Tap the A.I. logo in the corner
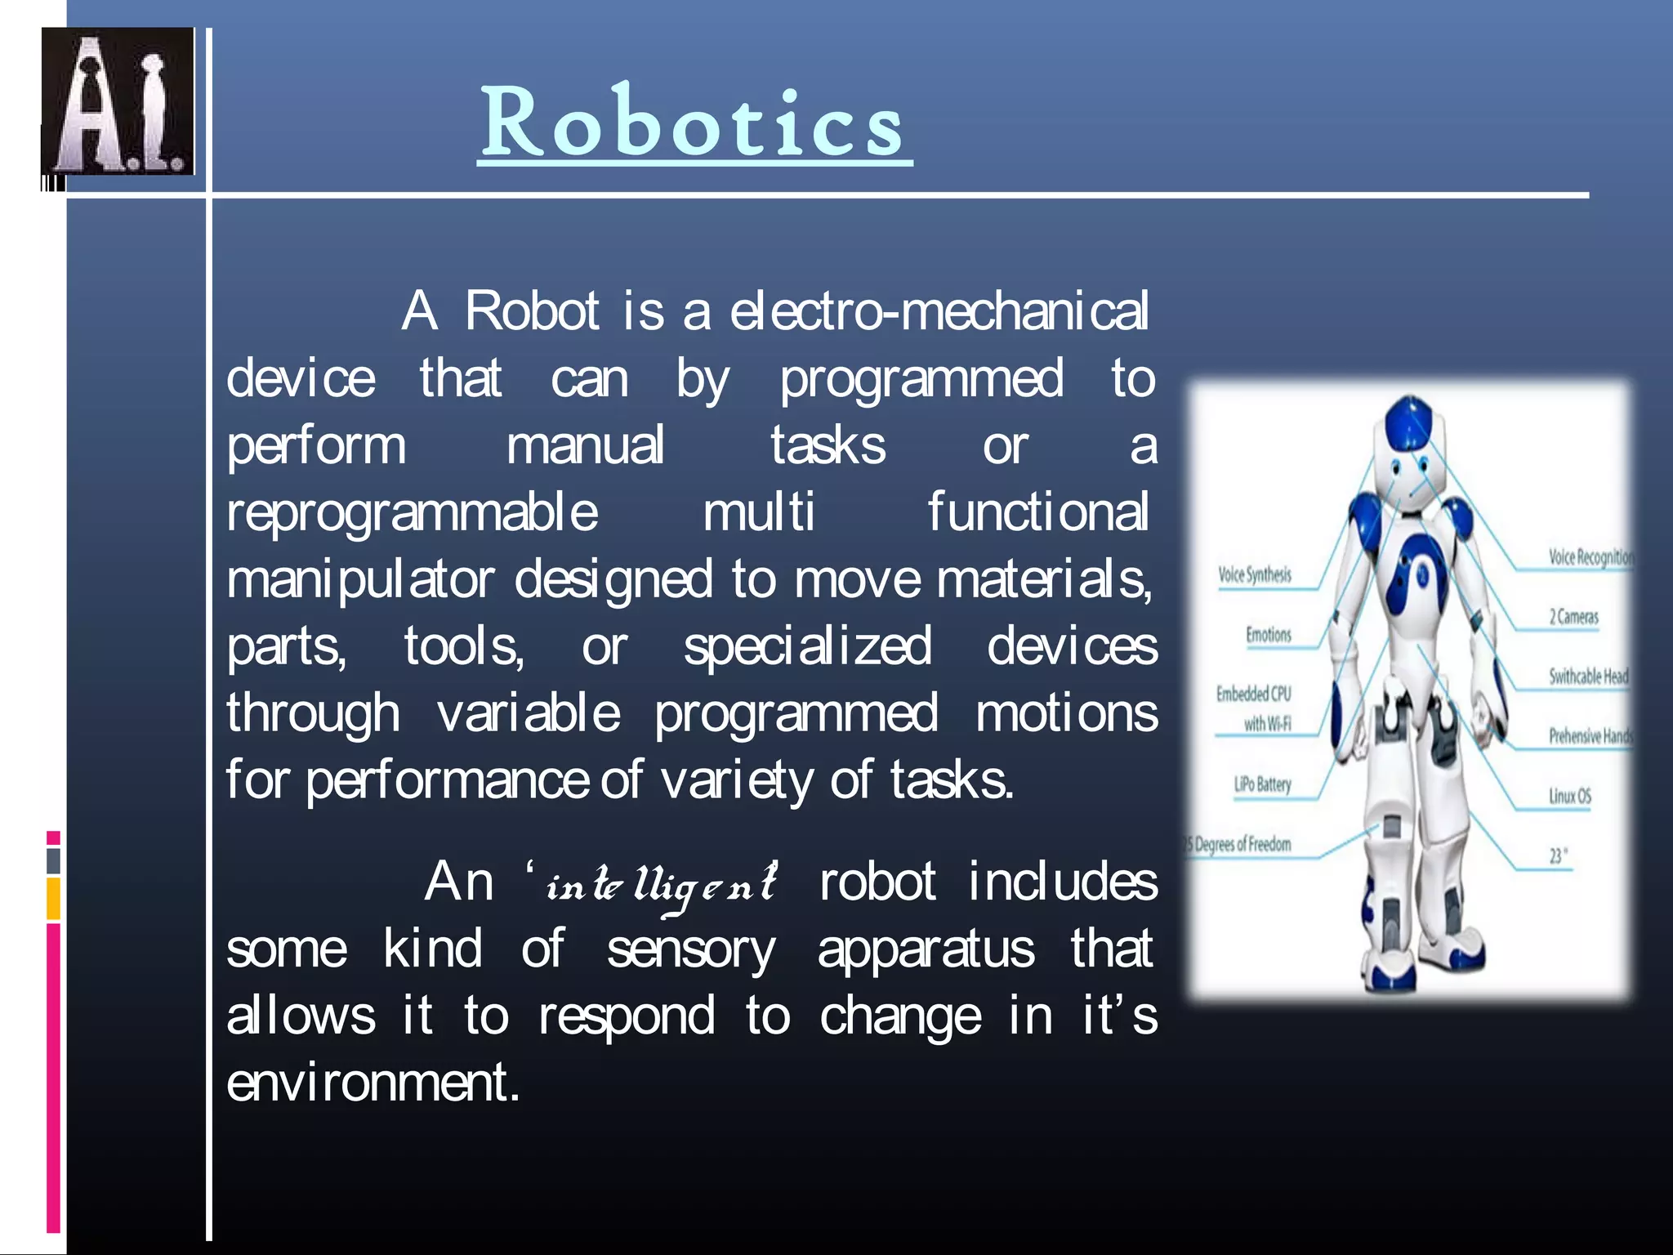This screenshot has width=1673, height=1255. pos(118,101)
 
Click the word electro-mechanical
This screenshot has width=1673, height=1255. pos(939,311)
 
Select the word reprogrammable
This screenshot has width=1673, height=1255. pos(413,513)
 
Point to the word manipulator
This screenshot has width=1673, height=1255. pos(360,580)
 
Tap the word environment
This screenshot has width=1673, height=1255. pos(373,1083)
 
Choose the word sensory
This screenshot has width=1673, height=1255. pos(691,951)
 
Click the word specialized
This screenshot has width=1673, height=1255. pos(807,647)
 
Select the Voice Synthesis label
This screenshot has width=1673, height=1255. pos(1255,574)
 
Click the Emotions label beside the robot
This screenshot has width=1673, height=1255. pos(1268,635)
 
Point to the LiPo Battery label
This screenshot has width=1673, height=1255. pos(1262,785)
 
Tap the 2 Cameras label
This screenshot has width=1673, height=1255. pos(1573,617)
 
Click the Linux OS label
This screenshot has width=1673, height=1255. pos(1570,796)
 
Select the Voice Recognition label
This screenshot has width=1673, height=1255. pos(1590,557)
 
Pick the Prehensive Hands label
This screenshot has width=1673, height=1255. pos(1589,736)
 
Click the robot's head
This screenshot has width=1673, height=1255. pos(1408,441)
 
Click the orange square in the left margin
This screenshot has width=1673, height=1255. pos(53,899)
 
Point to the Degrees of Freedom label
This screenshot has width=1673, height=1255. pos(1240,844)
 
